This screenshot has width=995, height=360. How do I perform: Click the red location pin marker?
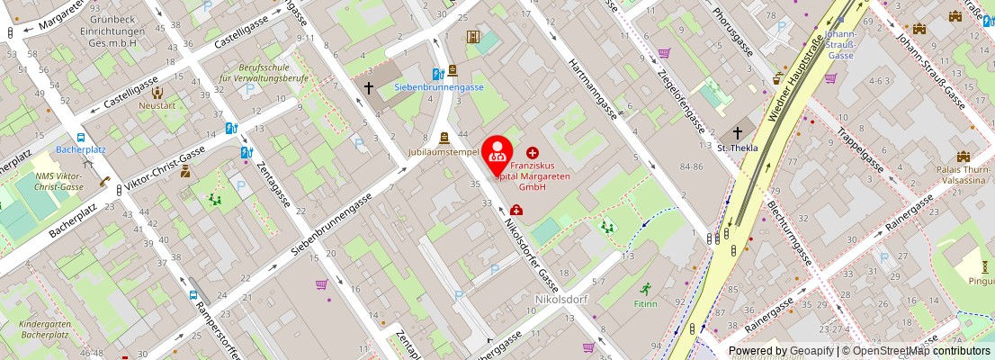[497, 155]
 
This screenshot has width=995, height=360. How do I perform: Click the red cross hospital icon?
[533, 153]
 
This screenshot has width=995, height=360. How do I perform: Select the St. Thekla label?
[738, 148]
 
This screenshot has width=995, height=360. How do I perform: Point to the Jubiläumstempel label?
[443, 152]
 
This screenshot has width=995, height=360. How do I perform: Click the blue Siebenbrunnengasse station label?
[439, 87]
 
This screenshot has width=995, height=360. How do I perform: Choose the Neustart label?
[157, 105]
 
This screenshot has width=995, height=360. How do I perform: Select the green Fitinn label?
[645, 304]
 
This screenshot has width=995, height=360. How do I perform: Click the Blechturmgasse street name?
[790, 232]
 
